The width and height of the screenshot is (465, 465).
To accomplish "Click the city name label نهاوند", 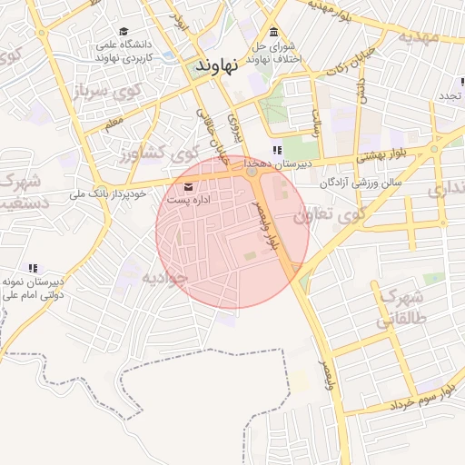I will coord(218,65).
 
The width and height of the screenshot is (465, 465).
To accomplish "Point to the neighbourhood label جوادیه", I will coord(163,278).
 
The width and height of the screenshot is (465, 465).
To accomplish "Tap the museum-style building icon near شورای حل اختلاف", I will coord(273,34).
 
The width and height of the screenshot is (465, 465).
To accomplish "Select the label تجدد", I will coord(452,95).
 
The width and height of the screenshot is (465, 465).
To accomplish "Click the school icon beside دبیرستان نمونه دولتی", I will coord(33,268).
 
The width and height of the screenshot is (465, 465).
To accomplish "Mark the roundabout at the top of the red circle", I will coord(251,171).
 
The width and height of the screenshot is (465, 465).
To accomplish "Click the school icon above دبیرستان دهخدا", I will coord(276,151).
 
